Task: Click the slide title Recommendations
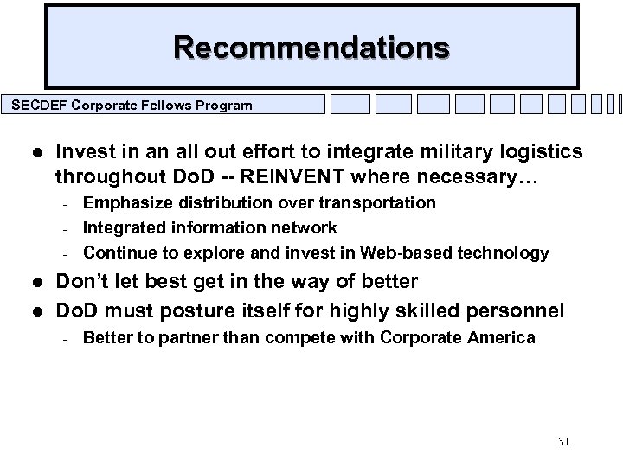311,46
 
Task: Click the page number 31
563,441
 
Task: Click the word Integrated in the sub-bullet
121,227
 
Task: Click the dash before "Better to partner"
67,338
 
